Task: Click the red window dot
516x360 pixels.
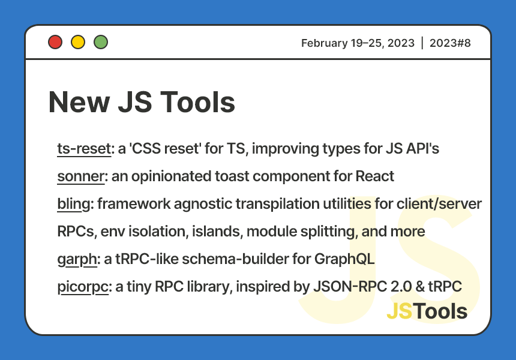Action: point(55,43)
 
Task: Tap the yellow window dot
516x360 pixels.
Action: point(78,43)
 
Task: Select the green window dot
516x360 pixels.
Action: point(101,43)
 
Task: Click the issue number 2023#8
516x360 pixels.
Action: point(450,43)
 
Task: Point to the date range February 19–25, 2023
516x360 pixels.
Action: point(358,43)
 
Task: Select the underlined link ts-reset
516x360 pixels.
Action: point(84,149)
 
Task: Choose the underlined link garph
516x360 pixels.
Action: point(77,259)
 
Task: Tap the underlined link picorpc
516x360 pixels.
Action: point(82,287)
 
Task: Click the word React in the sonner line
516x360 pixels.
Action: point(374,176)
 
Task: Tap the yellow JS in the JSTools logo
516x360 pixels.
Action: point(400,311)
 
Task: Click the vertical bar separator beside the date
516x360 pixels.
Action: point(422,43)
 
